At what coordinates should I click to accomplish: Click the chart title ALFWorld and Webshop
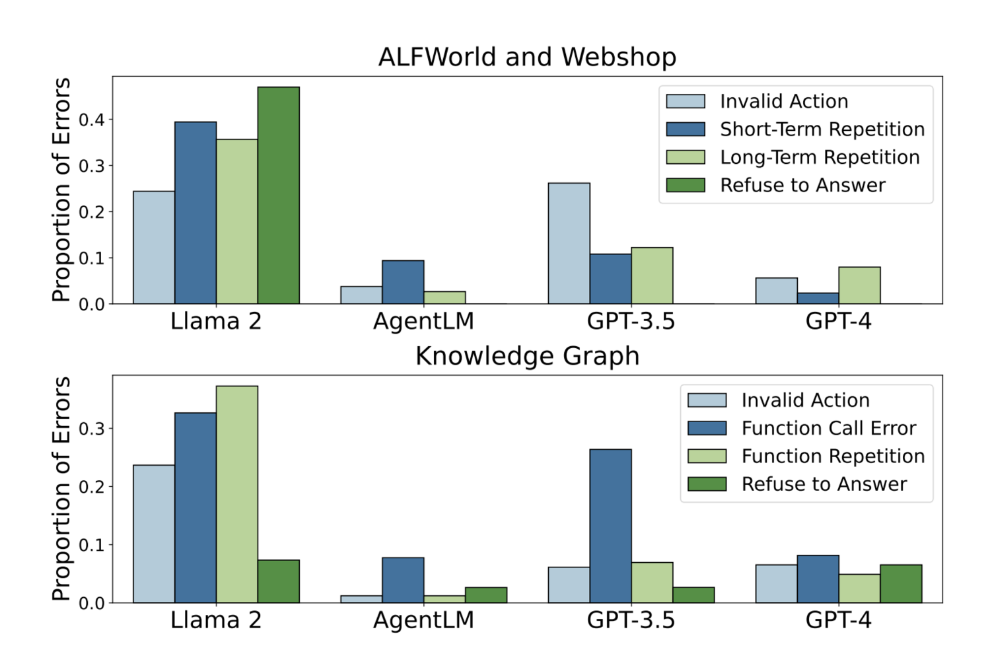(x=527, y=57)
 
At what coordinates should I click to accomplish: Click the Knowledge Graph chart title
(x=527, y=356)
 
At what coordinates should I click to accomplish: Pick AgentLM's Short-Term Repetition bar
(x=403, y=282)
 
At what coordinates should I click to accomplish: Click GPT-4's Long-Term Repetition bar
(x=859, y=285)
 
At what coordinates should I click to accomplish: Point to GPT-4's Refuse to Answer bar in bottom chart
(x=901, y=584)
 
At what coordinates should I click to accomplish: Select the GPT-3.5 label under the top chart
(x=631, y=322)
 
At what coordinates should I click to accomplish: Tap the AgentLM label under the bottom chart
(x=423, y=620)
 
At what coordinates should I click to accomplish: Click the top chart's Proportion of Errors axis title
(x=61, y=190)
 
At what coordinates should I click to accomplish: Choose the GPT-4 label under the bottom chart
(x=838, y=620)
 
